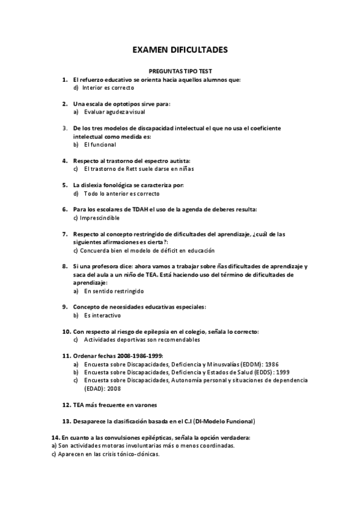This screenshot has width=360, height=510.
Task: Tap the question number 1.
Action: [65, 79]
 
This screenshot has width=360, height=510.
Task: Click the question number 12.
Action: [66, 405]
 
